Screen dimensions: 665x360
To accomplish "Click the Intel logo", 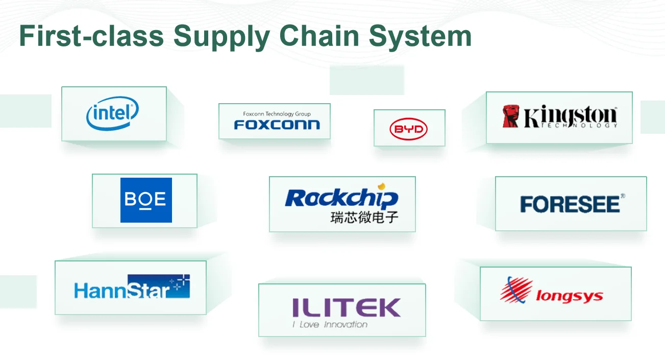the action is click(112, 114).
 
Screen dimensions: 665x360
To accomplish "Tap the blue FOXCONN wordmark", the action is click(277, 124).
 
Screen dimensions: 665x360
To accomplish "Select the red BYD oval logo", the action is click(408, 130).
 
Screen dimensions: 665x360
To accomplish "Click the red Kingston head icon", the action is click(510, 116).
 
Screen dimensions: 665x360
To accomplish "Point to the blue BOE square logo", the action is click(146, 200).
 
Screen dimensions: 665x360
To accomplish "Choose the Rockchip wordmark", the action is click(341, 198).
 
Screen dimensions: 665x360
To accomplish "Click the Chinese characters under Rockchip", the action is click(364, 218).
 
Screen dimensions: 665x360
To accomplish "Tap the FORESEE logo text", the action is click(570, 204).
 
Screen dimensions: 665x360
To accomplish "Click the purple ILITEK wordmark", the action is click(346, 307).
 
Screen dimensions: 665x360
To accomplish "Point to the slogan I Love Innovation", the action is click(330, 324).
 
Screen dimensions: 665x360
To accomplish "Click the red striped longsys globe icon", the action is click(516, 290).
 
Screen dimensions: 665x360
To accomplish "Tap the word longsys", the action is click(569, 296).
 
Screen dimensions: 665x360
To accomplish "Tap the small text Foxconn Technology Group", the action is click(277, 114).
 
